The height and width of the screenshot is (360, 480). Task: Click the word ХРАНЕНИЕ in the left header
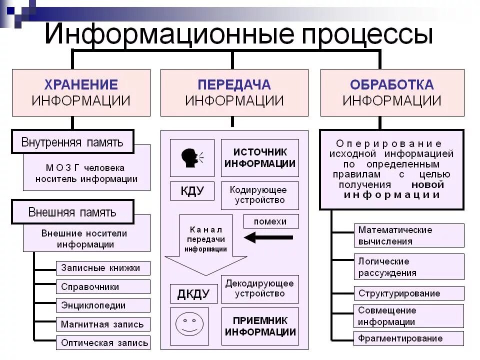[81, 84]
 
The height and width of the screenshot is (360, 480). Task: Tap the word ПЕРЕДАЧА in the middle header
[234, 84]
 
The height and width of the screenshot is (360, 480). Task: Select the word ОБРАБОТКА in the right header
[392, 84]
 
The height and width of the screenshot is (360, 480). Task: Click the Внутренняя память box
[72, 142]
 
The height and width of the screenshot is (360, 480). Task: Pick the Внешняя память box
[72, 212]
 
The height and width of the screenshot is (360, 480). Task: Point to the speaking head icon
[192, 158]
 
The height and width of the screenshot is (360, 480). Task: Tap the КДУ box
[192, 191]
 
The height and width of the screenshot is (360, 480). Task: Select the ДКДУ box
[194, 294]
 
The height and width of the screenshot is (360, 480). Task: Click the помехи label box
[270, 221]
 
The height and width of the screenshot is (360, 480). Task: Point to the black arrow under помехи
[268, 238]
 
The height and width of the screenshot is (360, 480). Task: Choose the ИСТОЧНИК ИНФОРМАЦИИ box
[259, 158]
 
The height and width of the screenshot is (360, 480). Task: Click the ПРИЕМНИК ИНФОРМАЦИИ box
[260, 326]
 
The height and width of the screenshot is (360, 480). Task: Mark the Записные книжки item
[102, 268]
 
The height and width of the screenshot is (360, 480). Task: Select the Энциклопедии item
[102, 305]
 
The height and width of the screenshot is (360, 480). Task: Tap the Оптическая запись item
[102, 342]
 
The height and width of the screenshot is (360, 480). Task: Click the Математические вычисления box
[408, 235]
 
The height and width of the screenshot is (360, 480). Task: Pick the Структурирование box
[408, 293]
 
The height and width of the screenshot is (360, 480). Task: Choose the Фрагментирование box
[408, 338]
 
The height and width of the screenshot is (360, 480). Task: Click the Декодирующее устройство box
[259, 288]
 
